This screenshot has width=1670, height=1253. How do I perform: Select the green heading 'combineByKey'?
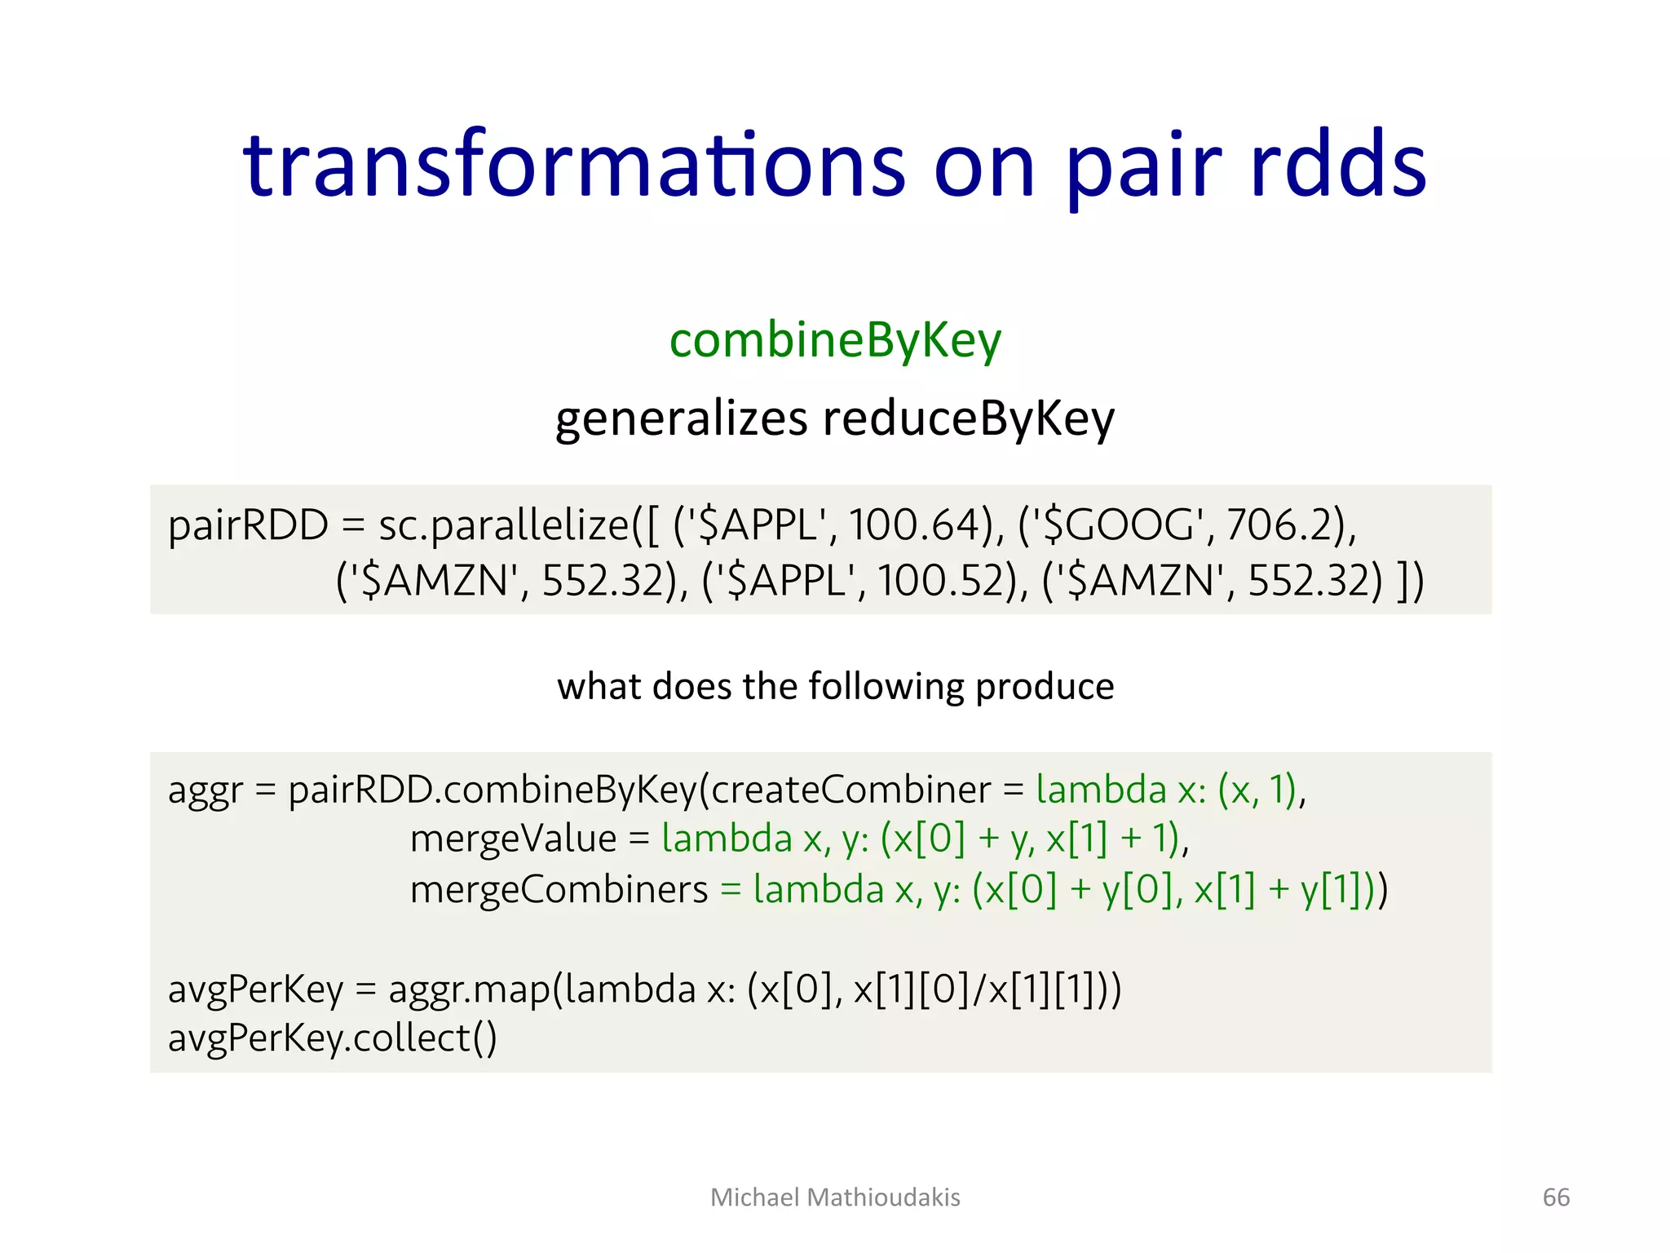point(835,341)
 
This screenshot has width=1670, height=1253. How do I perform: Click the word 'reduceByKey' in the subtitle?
point(968,419)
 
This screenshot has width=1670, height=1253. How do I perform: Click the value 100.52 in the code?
point(943,581)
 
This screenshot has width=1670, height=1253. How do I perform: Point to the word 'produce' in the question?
point(1045,686)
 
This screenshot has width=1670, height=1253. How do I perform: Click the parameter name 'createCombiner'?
point(850,790)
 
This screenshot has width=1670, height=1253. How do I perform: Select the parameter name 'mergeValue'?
point(513,839)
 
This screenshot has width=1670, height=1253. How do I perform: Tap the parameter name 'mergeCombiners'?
point(559,889)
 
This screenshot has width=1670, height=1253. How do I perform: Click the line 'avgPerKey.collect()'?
point(332,1038)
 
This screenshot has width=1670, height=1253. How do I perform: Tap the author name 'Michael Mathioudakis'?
point(835,1198)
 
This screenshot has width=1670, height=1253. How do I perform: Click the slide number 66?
point(1556,1198)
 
